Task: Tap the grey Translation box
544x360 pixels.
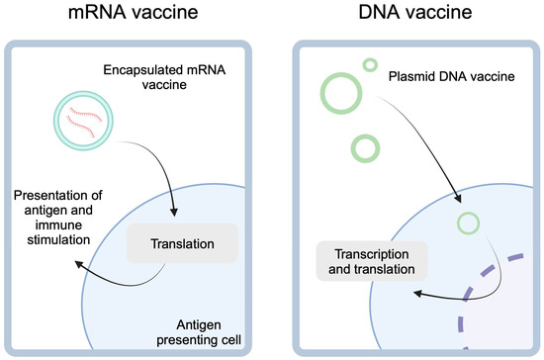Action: point(182,243)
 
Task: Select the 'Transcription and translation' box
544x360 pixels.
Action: point(364,259)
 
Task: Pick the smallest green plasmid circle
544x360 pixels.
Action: point(370,64)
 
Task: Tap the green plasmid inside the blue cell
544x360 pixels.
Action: point(468,220)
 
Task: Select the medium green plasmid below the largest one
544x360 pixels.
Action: point(365,147)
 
